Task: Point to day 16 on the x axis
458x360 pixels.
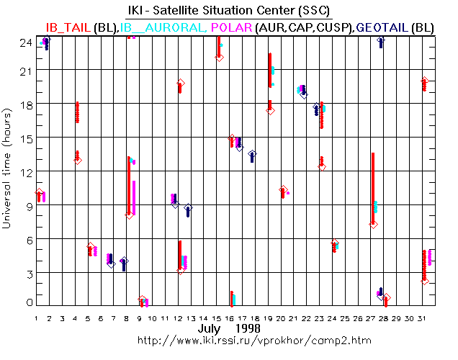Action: pos(231,318)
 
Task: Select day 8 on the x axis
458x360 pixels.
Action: pos(127,318)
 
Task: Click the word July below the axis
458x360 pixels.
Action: pos(212,328)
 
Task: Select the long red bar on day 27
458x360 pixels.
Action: pos(373,187)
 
